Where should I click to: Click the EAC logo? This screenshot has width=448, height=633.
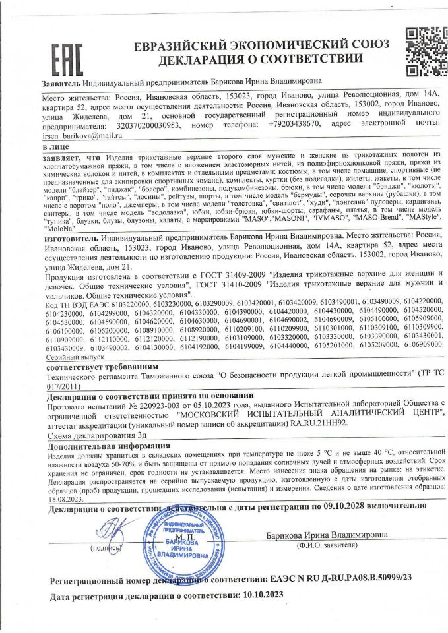pos(67,56)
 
